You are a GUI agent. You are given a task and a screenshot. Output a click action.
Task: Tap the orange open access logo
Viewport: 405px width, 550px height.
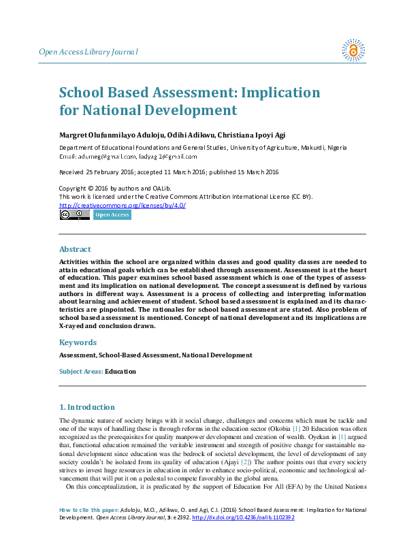tap(353, 50)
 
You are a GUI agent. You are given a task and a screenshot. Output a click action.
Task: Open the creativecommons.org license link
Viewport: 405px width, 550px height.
tap(123, 205)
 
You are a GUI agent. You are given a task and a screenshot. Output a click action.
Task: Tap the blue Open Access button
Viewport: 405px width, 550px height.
tap(112, 215)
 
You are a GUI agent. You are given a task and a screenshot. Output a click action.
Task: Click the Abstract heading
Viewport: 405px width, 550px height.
tap(75, 249)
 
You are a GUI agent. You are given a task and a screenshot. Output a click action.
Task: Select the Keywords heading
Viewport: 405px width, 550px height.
tap(78, 342)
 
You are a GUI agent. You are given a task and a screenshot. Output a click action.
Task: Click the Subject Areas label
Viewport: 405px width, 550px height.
tap(81, 372)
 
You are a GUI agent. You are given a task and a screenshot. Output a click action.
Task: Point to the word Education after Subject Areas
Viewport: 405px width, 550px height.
tap(120, 372)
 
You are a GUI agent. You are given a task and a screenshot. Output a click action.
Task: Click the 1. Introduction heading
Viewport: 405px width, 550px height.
tap(87, 407)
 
